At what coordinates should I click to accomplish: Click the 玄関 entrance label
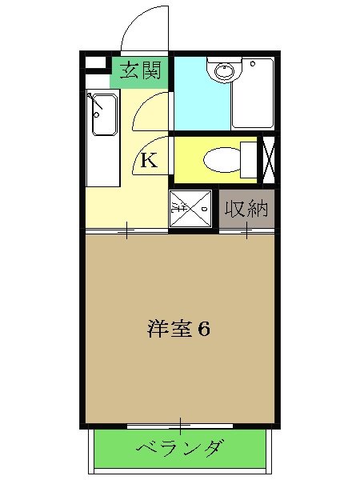click(140, 70)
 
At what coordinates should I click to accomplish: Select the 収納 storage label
click(247, 210)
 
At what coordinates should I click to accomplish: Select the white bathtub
click(252, 93)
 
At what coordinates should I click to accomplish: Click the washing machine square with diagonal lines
click(191, 208)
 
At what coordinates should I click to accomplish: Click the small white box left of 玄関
click(95, 62)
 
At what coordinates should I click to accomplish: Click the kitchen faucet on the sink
click(96, 101)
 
